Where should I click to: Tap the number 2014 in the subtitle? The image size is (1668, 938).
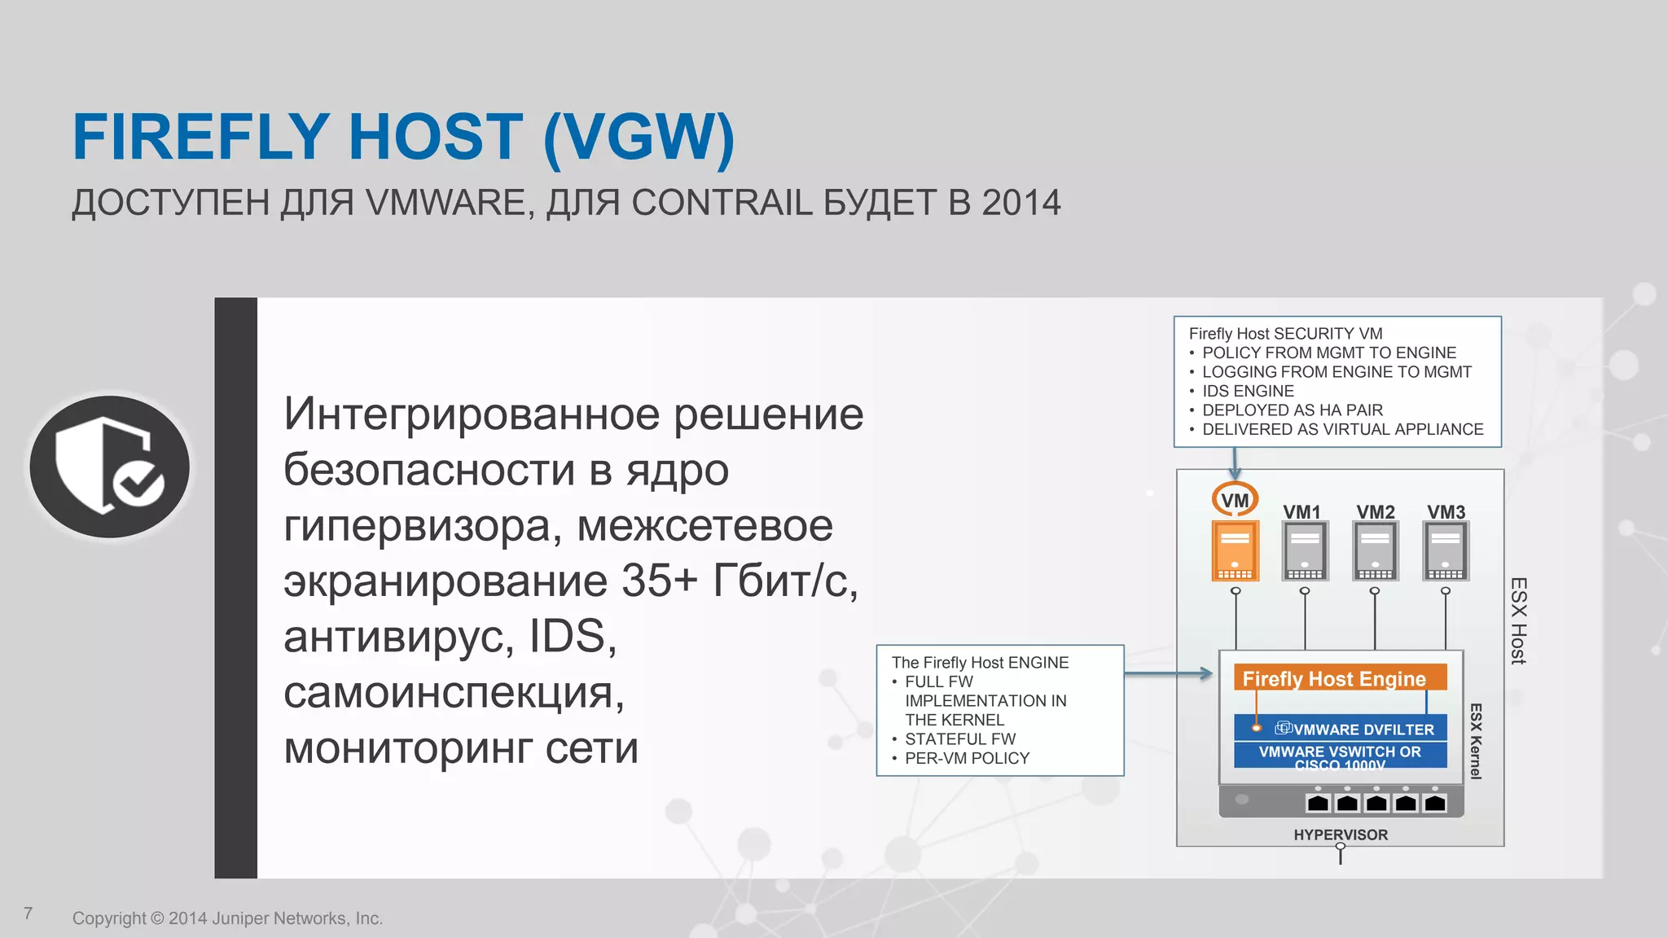click(x=1021, y=203)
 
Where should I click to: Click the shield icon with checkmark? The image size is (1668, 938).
click(x=110, y=467)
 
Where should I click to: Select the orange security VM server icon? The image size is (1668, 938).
click(x=1235, y=551)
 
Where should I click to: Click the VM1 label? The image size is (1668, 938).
click(x=1301, y=512)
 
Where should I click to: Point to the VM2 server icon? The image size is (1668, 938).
click(x=1375, y=551)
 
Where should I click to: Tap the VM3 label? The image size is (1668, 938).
click(x=1446, y=512)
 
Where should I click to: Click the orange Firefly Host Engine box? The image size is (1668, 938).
click(x=1339, y=678)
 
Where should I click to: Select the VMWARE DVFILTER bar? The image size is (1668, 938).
click(x=1341, y=729)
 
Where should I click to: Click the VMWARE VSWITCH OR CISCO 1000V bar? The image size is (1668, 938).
click(x=1341, y=755)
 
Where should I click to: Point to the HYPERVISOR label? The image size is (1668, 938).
click(x=1341, y=835)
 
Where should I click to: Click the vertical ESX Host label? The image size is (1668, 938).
click(x=1518, y=620)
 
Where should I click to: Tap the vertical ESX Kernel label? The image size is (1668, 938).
click(x=1475, y=741)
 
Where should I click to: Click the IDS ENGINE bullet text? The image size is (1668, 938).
click(x=1248, y=392)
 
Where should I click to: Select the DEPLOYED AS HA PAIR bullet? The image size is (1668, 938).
click(x=1293, y=410)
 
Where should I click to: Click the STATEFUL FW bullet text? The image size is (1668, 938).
click(x=960, y=739)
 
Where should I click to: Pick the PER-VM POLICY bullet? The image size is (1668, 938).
click(x=967, y=758)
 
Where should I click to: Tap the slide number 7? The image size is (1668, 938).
click(x=29, y=914)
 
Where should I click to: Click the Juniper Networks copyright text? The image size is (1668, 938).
click(x=227, y=918)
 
